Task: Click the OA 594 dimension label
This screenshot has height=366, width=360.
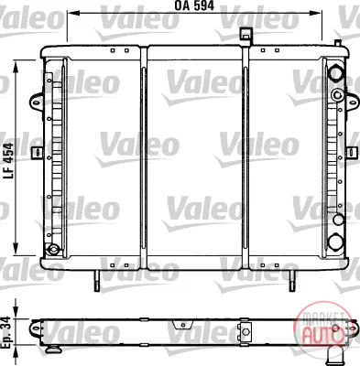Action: (x=194, y=5)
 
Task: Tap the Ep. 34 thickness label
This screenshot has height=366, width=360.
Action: (x=6, y=332)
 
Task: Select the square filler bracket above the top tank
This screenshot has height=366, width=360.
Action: (x=245, y=34)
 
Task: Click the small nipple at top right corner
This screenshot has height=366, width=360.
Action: (x=338, y=43)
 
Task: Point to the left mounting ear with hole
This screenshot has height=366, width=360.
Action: (x=36, y=101)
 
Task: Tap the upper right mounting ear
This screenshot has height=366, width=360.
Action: (x=353, y=102)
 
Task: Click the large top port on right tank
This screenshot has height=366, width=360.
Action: (x=335, y=73)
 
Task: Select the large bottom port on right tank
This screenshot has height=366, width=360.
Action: (x=335, y=242)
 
